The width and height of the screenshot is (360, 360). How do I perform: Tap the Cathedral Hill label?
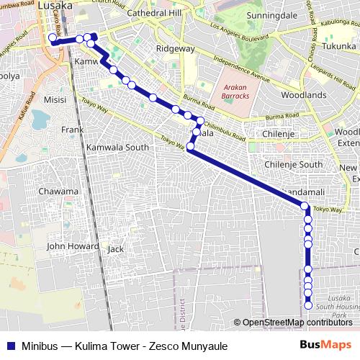click(x=156, y=14)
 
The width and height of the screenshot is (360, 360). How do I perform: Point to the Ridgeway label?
click(x=177, y=49)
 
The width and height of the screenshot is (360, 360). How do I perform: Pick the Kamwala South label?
click(x=117, y=147)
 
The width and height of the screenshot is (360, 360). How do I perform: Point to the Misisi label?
click(x=55, y=99)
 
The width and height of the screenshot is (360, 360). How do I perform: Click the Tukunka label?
click(x=339, y=46)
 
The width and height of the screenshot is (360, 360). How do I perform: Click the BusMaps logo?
click(x=325, y=345)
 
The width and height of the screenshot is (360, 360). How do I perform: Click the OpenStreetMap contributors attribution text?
click(x=296, y=323)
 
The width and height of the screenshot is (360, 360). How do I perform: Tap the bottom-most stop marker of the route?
click(x=308, y=305)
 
